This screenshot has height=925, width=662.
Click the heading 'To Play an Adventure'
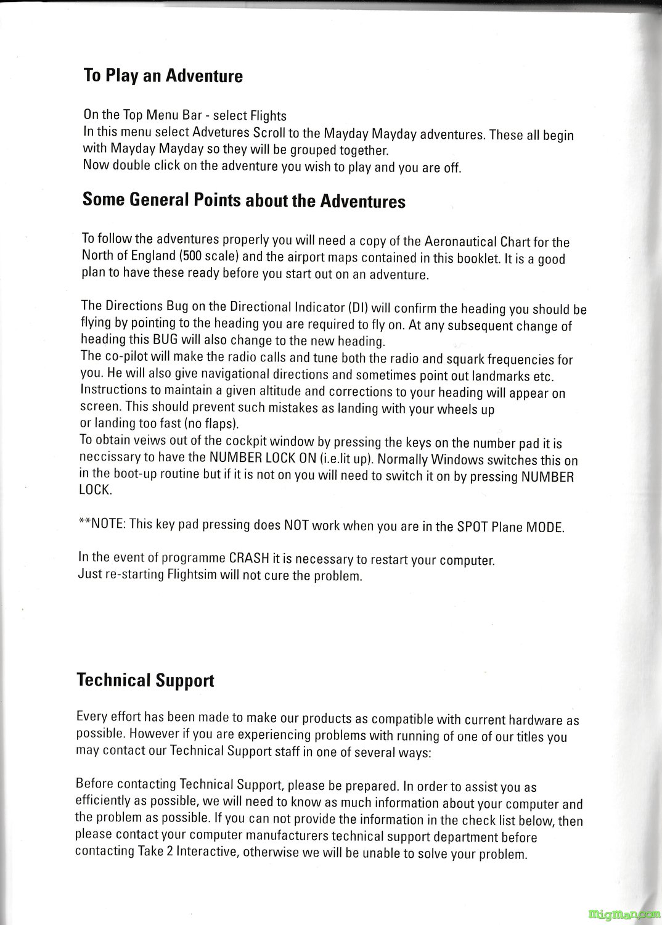[163, 76]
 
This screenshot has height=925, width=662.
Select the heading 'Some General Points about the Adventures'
[243, 200]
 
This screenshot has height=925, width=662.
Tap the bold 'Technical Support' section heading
[145, 680]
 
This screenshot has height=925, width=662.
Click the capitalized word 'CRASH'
[249, 559]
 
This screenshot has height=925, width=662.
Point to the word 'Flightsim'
[192, 575]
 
